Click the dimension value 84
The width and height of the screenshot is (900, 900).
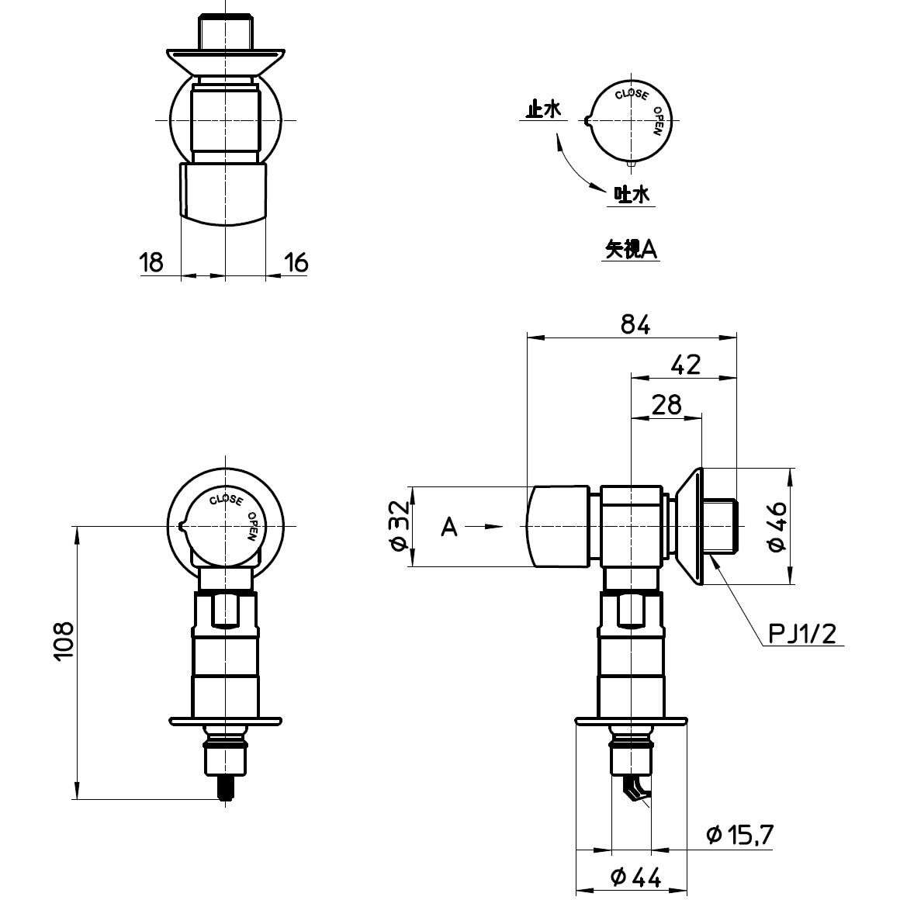pyautogui.click(x=635, y=325)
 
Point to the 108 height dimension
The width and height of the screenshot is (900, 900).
pyautogui.click(x=64, y=640)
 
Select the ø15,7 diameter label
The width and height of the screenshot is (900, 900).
pyautogui.click(x=739, y=835)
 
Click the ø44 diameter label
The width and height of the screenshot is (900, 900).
pyautogui.click(x=635, y=877)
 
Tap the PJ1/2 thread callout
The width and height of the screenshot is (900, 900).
pyautogui.click(x=802, y=635)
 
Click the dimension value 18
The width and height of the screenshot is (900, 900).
pyautogui.click(x=152, y=263)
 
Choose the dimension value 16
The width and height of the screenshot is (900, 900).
pyautogui.click(x=296, y=263)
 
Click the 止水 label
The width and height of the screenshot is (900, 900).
pyautogui.click(x=542, y=110)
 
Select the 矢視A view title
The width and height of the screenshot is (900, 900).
pyautogui.click(x=632, y=249)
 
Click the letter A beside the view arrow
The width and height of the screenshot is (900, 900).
pyautogui.click(x=449, y=528)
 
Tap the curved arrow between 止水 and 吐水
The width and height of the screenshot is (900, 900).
pyautogui.click(x=573, y=165)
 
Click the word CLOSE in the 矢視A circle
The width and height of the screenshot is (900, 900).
pyautogui.click(x=631, y=95)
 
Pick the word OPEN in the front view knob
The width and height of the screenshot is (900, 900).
pyautogui.click(x=253, y=526)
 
